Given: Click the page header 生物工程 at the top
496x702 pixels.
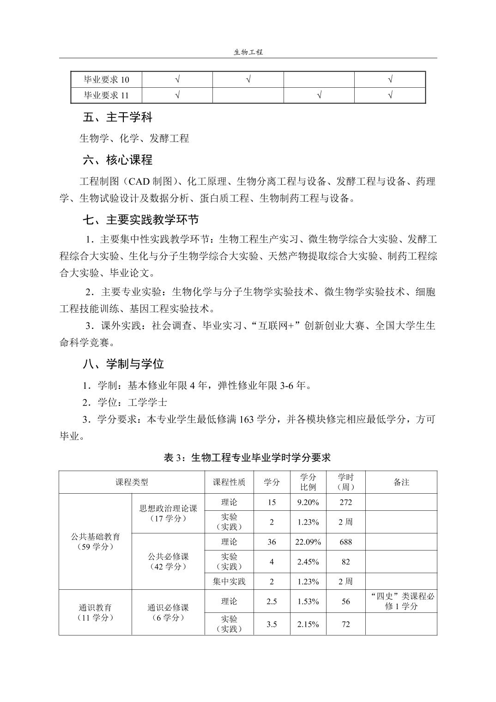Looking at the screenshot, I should [248, 52].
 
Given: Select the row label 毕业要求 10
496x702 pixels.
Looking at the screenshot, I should [106, 80].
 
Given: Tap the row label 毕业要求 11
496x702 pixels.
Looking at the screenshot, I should [106, 96].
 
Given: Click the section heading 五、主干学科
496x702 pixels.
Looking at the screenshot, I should [117, 117].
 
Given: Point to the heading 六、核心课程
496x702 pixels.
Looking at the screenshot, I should [117, 160].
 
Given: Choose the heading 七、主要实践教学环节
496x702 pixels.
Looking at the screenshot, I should [140, 219].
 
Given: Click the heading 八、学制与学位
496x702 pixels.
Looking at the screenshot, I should [123, 364].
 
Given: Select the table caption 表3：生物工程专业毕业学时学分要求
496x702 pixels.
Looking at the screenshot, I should [248, 458].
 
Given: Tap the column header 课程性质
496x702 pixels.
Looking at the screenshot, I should [229, 482].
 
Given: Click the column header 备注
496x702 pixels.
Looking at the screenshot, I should [401, 482].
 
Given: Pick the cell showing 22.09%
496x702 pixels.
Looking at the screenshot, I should [308, 542].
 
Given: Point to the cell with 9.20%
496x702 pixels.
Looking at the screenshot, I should [308, 502].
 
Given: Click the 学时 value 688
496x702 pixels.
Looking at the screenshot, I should [345, 542].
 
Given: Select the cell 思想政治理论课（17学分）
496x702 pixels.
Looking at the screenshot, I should [168, 513].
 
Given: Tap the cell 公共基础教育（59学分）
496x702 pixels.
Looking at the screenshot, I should [95, 542].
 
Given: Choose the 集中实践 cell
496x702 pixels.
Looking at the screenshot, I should [229, 581].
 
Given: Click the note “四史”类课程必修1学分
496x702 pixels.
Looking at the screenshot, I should [401, 601].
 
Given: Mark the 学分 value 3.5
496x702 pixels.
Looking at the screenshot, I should [272, 624].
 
